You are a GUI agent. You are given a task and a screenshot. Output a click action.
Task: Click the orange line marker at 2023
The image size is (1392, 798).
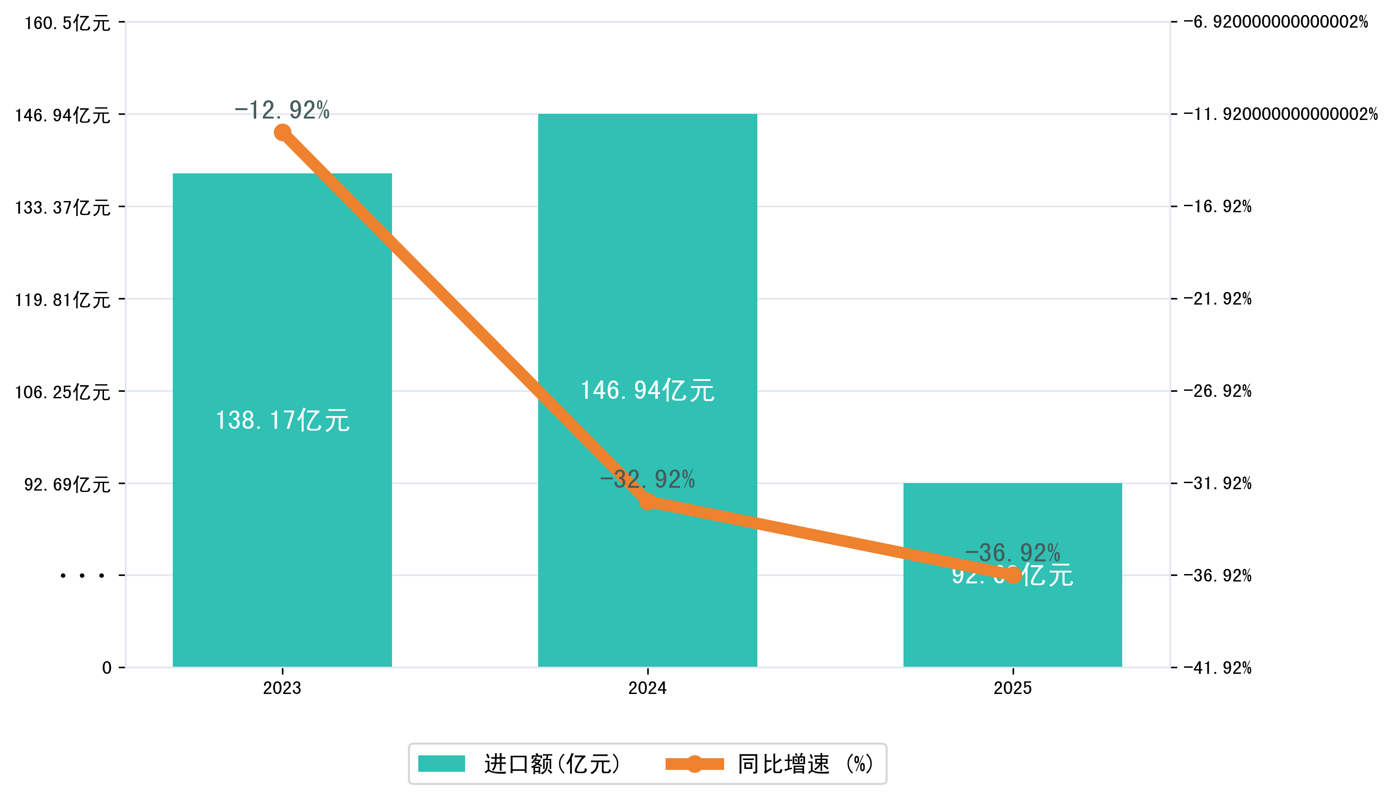tap(282, 133)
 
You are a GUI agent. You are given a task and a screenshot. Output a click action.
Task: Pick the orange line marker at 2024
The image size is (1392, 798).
tap(647, 501)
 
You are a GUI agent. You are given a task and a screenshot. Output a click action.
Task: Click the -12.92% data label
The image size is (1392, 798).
tap(282, 110)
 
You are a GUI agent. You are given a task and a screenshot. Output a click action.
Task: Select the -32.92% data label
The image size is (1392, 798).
tap(647, 479)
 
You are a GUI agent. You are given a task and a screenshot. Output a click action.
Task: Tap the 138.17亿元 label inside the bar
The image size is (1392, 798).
tap(282, 420)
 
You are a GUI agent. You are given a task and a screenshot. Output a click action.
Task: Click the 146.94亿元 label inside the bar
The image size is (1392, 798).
tap(647, 391)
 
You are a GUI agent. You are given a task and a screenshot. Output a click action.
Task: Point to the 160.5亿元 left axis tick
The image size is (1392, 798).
tap(67, 23)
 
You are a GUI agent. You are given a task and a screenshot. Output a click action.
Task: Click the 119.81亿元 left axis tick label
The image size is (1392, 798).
tap(62, 300)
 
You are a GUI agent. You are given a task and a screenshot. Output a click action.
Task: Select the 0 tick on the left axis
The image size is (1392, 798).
tap(107, 668)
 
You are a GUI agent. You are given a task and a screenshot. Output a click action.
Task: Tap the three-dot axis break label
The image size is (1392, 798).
tap(82, 575)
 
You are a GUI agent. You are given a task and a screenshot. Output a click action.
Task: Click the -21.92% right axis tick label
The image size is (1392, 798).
tap(1217, 298)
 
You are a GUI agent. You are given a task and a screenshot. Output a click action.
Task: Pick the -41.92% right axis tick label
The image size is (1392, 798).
tap(1217, 668)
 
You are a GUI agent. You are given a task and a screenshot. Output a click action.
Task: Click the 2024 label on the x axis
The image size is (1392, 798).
tap(647, 688)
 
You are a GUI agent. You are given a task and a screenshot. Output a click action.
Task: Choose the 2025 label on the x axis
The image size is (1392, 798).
tap(1012, 688)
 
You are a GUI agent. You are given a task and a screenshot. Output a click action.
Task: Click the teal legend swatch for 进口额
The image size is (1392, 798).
tap(441, 763)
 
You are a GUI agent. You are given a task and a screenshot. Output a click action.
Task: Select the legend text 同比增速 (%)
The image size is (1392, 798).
tap(805, 763)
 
